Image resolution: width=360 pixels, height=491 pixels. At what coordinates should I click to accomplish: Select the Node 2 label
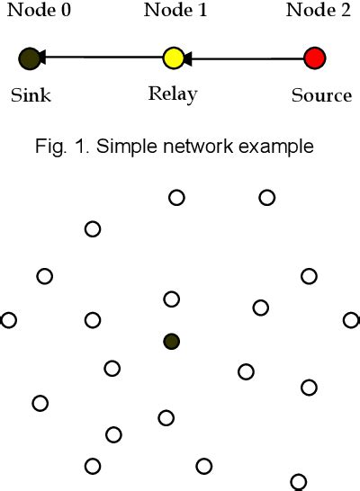click(315, 11)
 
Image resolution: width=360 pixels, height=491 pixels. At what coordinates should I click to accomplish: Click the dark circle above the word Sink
click(29, 59)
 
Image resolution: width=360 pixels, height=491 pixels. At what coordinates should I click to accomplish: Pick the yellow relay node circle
click(173, 59)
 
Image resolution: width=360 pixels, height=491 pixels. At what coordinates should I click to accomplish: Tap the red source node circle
click(314, 59)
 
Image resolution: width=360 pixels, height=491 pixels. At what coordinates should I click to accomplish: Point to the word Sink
click(31, 94)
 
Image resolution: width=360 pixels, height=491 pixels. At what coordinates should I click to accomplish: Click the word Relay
click(172, 94)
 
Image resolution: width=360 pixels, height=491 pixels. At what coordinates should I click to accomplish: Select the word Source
click(321, 94)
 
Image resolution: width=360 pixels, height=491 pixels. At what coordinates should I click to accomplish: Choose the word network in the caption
click(225, 147)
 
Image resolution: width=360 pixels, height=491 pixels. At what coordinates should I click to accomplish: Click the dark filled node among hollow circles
click(171, 341)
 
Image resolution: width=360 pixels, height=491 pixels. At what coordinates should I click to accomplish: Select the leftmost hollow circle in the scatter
click(9, 319)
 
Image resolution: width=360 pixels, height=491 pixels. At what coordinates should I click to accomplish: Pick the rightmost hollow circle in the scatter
click(351, 319)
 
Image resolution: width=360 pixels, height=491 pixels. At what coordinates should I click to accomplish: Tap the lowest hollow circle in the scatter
click(299, 482)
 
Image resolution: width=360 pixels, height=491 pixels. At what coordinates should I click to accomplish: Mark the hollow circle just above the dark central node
click(171, 299)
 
